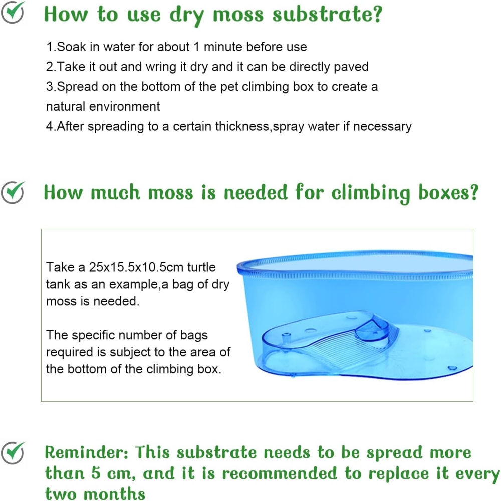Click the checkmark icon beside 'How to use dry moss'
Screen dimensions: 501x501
pos(13,12)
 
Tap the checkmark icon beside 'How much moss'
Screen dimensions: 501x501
pos(13,192)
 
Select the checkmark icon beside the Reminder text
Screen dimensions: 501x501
pos(13,453)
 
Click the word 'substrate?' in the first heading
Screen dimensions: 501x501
pos(327,15)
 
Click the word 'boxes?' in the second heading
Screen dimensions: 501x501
pos(448,193)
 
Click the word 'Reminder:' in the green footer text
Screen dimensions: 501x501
pos(86,453)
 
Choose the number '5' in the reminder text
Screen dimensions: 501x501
pos(96,473)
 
